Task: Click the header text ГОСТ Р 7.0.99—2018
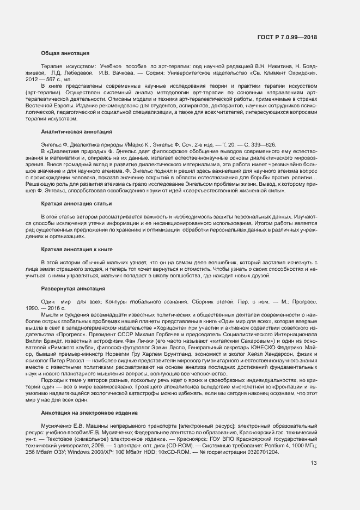(x=287, y=37)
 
